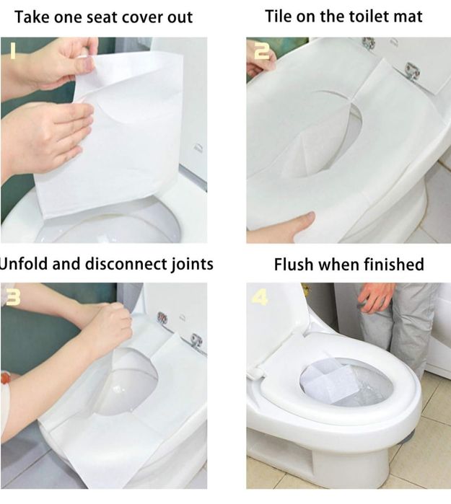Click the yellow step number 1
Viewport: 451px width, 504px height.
click(12, 51)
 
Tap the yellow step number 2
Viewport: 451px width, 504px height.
click(262, 51)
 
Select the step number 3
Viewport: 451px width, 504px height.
click(13, 298)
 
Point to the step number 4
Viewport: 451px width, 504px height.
click(260, 297)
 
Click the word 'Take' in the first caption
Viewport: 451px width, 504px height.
click(32, 17)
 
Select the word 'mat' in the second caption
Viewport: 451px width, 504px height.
click(409, 17)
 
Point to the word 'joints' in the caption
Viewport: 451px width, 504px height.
click(191, 265)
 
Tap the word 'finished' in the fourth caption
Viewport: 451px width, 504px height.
click(394, 265)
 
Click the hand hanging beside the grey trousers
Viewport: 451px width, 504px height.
click(375, 297)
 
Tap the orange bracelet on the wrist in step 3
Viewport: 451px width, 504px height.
click(5, 377)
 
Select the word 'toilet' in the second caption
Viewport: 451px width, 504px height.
click(371, 17)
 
